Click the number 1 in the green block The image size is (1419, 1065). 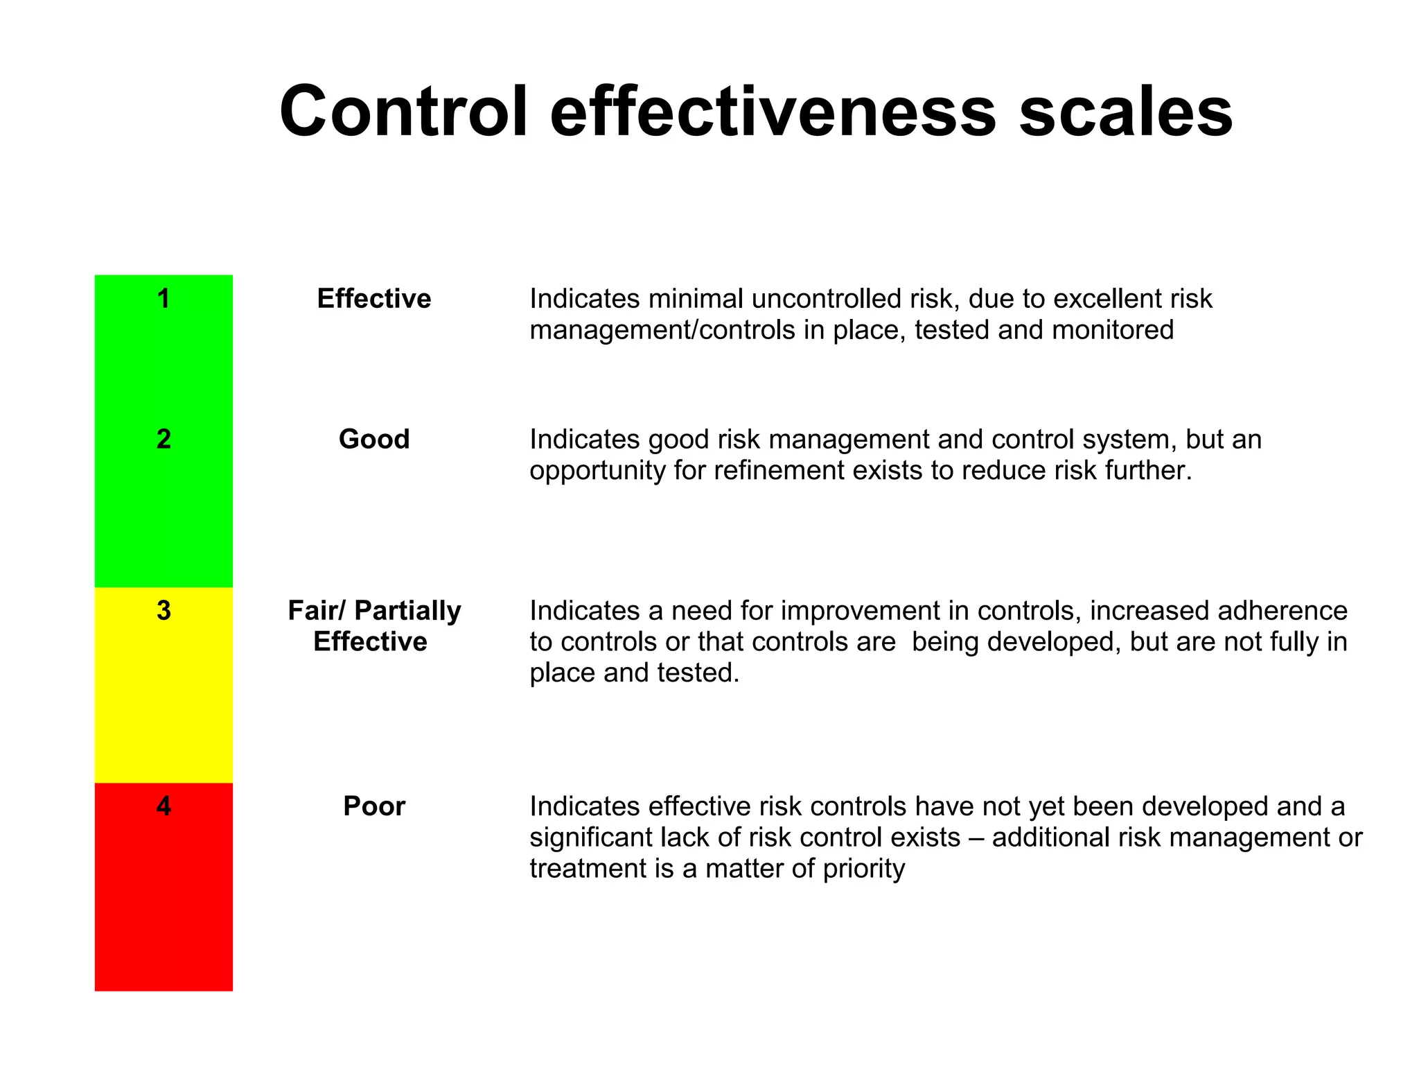pos(164,299)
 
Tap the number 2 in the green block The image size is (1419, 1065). pos(164,439)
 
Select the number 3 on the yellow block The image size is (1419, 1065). pos(164,610)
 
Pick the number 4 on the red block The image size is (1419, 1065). pos(164,806)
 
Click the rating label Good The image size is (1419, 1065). pos(374,439)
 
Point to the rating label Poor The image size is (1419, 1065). pos(374,806)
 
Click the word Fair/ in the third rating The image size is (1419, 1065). pos(317,610)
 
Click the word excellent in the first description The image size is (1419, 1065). pos(1107,299)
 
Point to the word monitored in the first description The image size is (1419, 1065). pos(1112,330)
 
